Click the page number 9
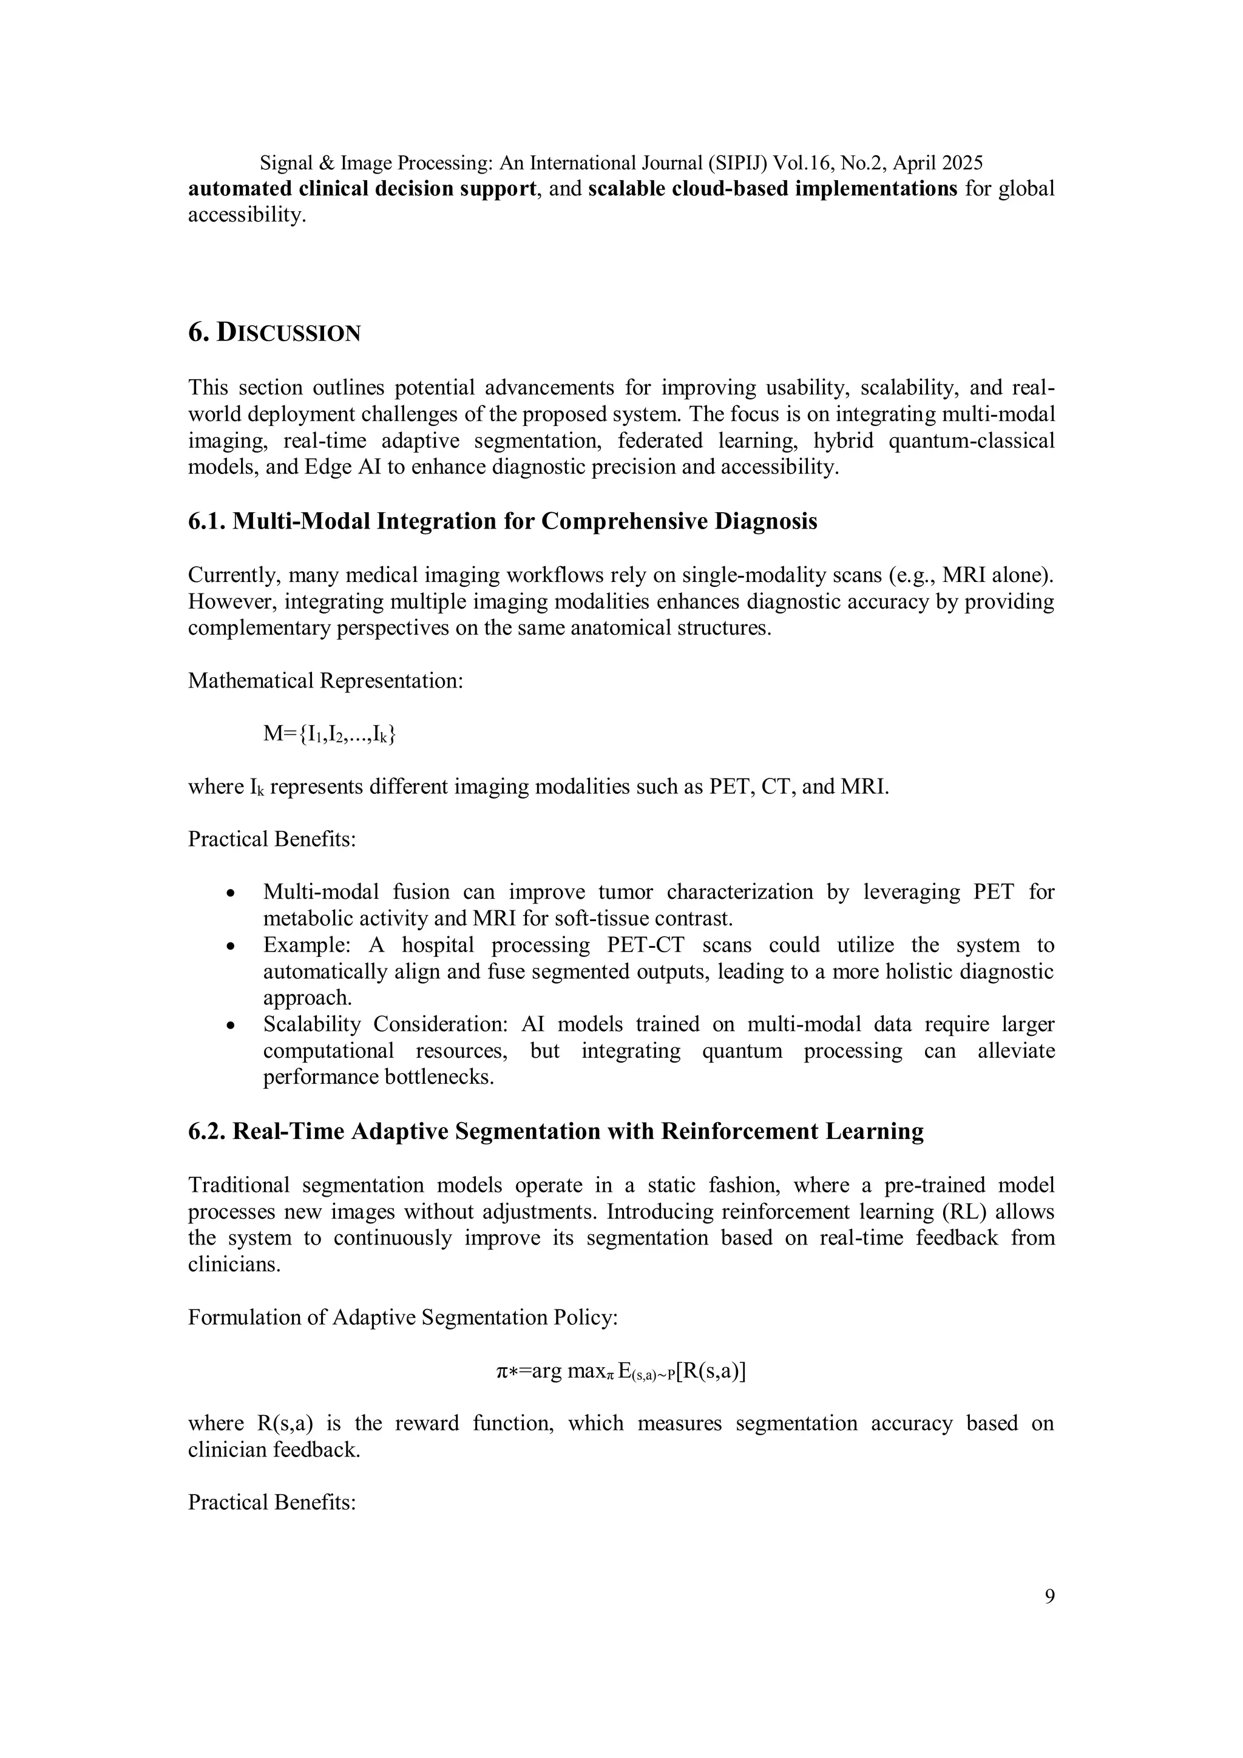pyautogui.click(x=1048, y=1597)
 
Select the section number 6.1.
pyautogui.click(x=207, y=521)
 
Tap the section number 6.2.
pyautogui.click(x=207, y=1131)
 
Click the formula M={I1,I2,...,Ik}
pyautogui.click(x=330, y=734)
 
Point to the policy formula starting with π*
pyautogui.click(x=621, y=1371)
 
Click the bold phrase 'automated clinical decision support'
pyautogui.click(x=362, y=188)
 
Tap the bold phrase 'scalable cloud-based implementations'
pyautogui.click(x=772, y=188)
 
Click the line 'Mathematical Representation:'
pyautogui.click(x=325, y=681)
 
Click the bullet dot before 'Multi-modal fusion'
pyautogui.click(x=231, y=893)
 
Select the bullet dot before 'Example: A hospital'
pyautogui.click(x=231, y=947)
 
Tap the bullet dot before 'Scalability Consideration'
pyautogui.click(x=231, y=1026)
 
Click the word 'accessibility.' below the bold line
pyautogui.click(x=246, y=215)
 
